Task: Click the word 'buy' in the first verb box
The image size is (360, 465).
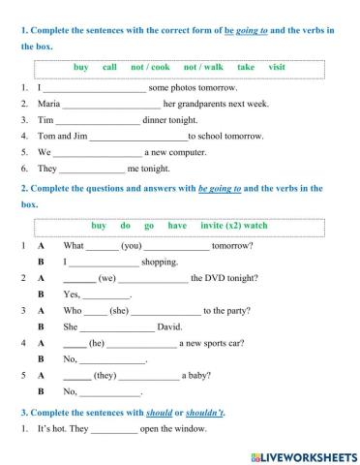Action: click(x=80, y=67)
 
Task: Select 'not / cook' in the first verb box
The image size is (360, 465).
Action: click(x=150, y=67)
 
